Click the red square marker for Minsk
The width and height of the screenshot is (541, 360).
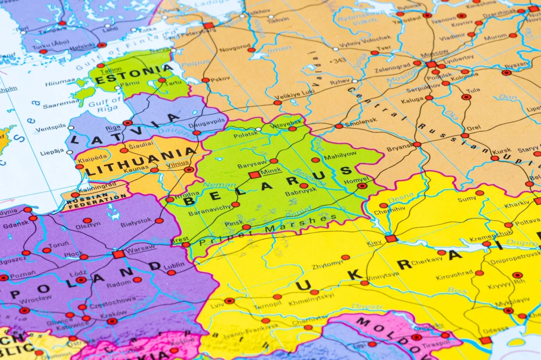[x=254, y=175]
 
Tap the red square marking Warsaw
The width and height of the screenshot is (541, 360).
[x=119, y=254]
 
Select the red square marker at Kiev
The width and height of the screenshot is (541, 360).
[x=391, y=238]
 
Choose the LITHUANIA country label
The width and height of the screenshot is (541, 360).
[x=141, y=163]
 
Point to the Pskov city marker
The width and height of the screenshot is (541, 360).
[x=205, y=80]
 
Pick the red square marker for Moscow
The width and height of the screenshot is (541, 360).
[x=431, y=64]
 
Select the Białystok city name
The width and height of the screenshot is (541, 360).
[x=136, y=222]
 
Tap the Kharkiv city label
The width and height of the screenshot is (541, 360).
[x=504, y=205]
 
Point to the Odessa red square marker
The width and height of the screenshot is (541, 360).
[x=486, y=340]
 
